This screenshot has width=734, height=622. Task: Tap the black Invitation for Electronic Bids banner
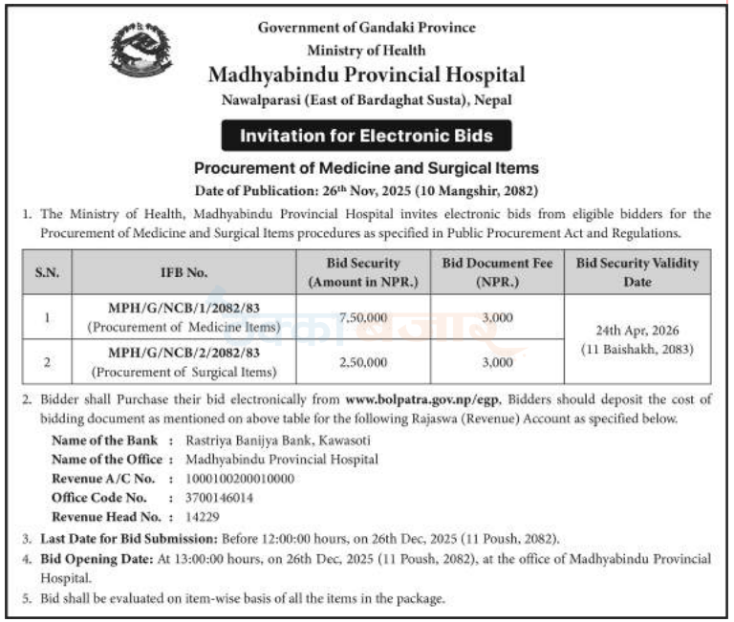tap(366, 136)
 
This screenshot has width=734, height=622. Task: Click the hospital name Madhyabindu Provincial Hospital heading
tap(366, 74)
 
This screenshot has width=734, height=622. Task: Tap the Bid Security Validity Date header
tap(637, 272)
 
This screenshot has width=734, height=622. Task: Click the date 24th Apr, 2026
tap(637, 331)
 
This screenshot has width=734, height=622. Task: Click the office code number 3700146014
tap(210, 497)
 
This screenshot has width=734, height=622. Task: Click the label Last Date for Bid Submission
tap(130, 539)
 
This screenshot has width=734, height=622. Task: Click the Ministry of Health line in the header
tap(366, 50)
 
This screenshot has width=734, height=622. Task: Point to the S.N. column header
tap(47, 272)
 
